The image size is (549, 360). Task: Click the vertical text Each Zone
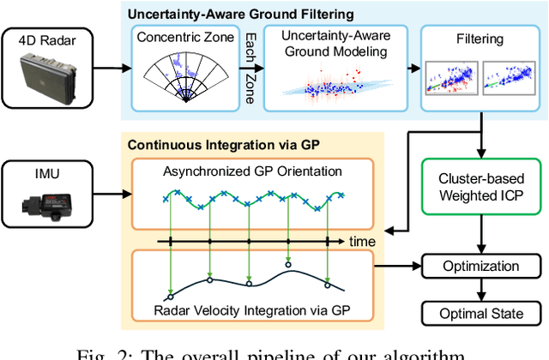[x=250, y=68]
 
